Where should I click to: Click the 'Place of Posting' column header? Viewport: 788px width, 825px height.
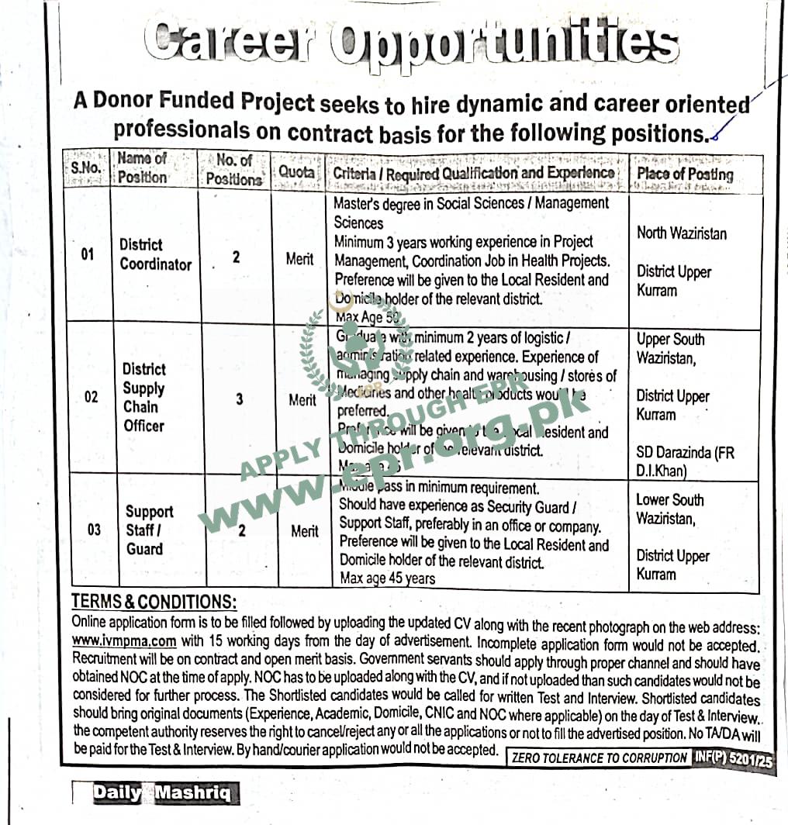(685, 174)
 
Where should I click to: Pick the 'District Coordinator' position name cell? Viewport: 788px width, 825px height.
(155, 255)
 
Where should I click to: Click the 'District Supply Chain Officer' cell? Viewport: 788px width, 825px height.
(144, 397)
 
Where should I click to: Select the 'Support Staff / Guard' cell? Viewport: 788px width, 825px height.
(149, 530)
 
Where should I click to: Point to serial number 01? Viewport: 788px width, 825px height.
(88, 254)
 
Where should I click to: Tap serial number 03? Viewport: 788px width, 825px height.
(93, 531)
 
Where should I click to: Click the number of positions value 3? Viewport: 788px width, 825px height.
(240, 399)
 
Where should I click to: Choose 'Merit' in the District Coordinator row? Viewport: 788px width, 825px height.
(299, 259)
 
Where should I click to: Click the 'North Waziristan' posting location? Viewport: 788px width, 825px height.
(682, 233)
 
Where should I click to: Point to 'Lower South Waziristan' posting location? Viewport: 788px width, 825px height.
(670, 509)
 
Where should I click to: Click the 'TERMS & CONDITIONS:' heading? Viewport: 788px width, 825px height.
(154, 602)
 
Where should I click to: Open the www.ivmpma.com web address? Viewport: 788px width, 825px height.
(124, 641)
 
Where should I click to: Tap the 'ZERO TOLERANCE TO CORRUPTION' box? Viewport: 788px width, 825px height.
(599, 758)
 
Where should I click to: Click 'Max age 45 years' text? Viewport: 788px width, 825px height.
(388, 578)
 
